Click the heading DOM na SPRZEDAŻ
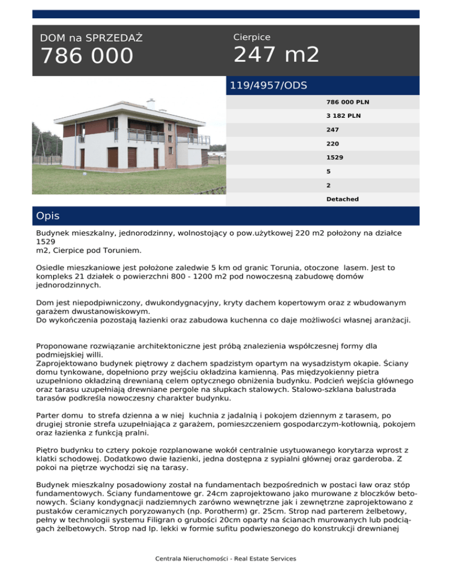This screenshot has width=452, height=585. (91, 38)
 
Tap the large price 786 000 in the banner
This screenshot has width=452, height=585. (87, 57)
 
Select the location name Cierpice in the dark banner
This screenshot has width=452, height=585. (251, 37)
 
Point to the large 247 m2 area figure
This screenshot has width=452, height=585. (276, 55)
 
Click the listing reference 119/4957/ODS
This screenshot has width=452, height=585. (268, 85)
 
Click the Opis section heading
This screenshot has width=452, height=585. (48, 216)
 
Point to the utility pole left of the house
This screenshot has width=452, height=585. (41, 147)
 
